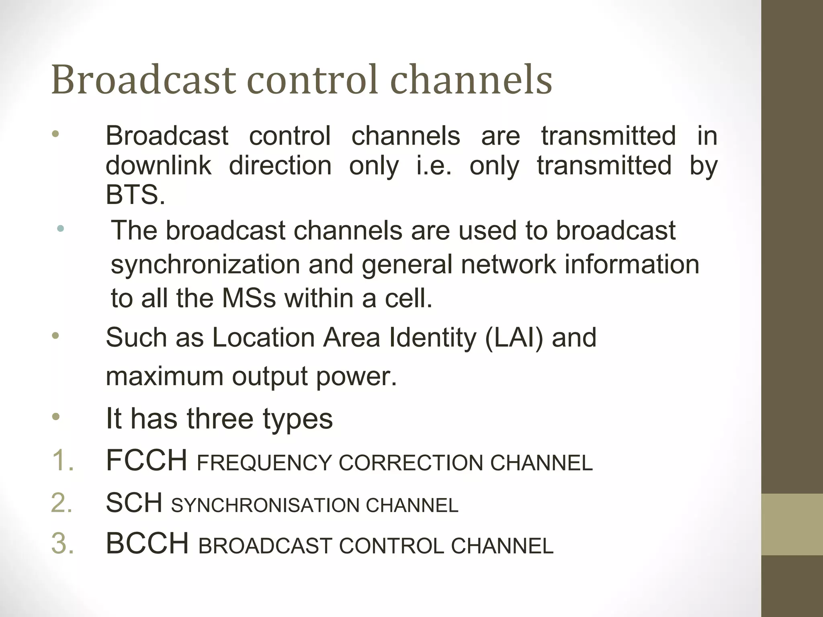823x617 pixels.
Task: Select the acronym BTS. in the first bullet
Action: tap(135, 195)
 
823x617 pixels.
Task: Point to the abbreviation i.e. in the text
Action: tap(434, 165)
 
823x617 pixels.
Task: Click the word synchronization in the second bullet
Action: tap(205, 265)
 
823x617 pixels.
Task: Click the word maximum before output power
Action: tap(164, 376)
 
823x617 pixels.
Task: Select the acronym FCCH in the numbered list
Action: tap(147, 460)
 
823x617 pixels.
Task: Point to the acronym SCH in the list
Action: tap(134, 503)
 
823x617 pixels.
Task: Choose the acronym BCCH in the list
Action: tap(147, 544)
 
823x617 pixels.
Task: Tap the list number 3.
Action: tap(63, 544)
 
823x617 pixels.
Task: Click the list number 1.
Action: tap(63, 460)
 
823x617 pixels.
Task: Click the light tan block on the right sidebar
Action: tap(792, 524)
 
